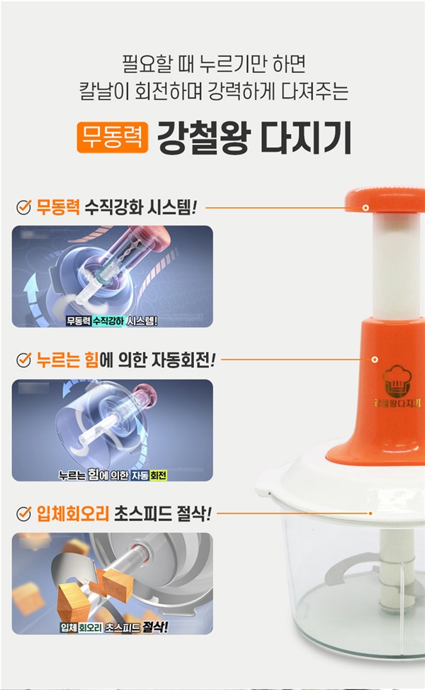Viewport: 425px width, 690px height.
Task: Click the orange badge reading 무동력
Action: (x=113, y=138)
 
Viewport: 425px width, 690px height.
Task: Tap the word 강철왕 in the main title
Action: (x=203, y=138)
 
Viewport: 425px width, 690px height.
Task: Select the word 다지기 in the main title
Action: (x=306, y=138)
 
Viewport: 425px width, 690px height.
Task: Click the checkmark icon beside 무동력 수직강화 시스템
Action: (x=24, y=207)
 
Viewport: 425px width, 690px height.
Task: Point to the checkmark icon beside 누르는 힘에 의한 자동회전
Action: (x=24, y=360)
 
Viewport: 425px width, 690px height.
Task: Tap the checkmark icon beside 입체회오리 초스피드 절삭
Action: (x=24, y=513)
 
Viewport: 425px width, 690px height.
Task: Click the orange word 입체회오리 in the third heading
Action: (x=72, y=513)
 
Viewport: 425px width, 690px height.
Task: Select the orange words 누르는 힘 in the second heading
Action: (x=68, y=360)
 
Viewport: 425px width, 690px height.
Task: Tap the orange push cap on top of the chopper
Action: (x=385, y=201)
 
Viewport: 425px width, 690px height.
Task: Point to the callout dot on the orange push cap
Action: (x=365, y=207)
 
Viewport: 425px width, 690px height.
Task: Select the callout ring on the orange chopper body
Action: (x=375, y=360)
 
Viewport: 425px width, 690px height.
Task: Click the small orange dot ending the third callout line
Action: (x=370, y=513)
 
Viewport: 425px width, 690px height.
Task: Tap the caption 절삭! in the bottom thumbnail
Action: (x=155, y=627)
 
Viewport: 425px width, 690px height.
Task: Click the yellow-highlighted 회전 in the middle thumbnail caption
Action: (x=158, y=475)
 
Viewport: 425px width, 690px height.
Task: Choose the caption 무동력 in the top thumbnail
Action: (x=79, y=321)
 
